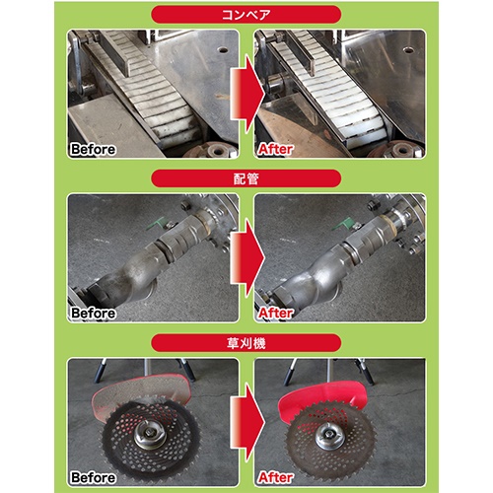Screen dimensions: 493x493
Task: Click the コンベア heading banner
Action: coord(246,15)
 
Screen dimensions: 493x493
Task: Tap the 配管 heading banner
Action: coord(246,178)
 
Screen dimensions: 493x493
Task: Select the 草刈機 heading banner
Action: coord(246,343)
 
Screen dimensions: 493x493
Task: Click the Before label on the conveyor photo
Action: coord(93,149)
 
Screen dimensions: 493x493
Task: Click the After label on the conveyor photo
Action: coord(275,149)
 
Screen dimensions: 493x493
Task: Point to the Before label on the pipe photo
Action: coord(93,314)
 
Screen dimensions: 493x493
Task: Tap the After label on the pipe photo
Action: coord(275,314)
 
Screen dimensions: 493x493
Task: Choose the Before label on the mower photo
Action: coord(93,477)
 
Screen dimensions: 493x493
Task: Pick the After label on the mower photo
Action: coord(275,477)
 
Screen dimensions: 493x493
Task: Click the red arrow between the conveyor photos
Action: coord(247,95)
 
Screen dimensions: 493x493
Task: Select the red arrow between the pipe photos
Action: coord(247,259)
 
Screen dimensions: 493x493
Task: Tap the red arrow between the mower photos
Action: coord(247,423)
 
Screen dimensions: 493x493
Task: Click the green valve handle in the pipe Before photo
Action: coord(154,225)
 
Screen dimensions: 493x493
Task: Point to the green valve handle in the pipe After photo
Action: coord(341,226)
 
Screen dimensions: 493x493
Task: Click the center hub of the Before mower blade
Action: coord(150,434)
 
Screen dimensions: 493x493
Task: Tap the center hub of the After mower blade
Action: coord(329,436)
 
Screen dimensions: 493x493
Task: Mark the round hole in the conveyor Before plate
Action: coord(223,50)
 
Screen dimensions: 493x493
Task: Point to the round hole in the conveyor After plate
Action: coord(408,50)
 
